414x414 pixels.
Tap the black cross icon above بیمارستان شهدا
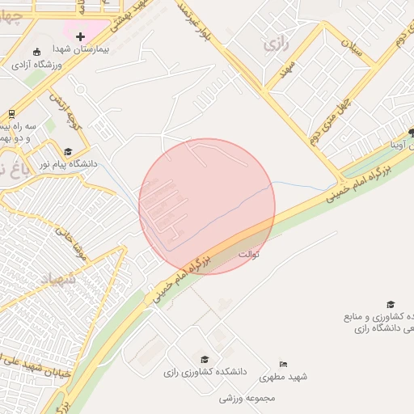coord(80,37)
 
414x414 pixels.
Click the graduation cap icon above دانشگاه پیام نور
coord(67,151)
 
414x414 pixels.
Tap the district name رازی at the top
coord(277,44)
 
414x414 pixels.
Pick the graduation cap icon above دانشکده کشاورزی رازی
coord(205,359)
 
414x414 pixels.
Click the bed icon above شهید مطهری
coord(282,365)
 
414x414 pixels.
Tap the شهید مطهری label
coord(288,378)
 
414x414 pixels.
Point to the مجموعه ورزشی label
coord(247,398)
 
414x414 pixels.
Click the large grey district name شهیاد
coord(57,279)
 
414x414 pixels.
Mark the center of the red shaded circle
coord(207,206)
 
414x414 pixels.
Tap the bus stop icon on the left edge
coord(11,114)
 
